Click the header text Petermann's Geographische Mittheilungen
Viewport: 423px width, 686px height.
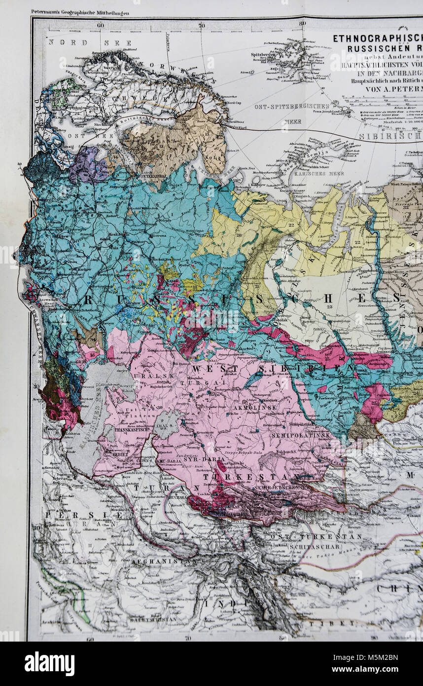[x=80, y=12]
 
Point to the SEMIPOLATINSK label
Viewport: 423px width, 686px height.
[x=300, y=436]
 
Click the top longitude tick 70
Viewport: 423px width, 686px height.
[x=202, y=25]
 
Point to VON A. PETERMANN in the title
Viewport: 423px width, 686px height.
[x=394, y=89]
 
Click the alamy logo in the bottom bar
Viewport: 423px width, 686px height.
[x=49, y=664]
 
